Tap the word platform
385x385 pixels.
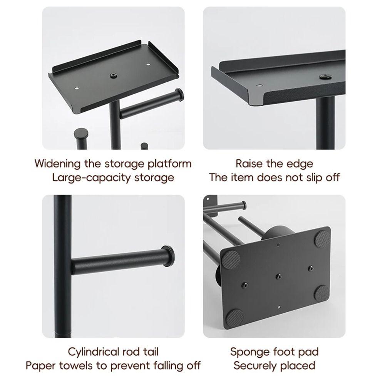pyautogui.click(x=169, y=163)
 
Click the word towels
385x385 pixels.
pyautogui.click(x=78, y=365)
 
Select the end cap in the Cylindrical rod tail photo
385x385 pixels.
pyautogui.click(x=167, y=256)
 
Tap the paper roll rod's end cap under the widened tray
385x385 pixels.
pyautogui.click(x=178, y=95)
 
